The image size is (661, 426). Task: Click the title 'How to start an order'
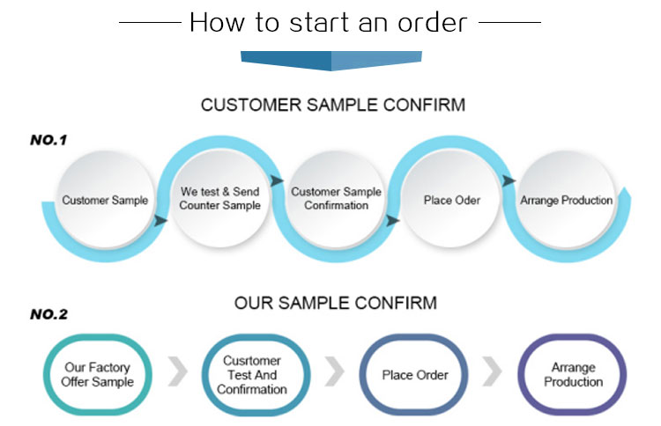329,21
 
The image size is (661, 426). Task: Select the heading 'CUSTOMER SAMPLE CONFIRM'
332,106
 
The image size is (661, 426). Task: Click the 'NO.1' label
48,139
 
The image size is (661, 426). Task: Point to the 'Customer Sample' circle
104,201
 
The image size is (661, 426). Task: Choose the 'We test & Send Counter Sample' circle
219,199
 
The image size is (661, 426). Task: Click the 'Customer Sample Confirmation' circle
336,199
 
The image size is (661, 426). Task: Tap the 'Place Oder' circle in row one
451,201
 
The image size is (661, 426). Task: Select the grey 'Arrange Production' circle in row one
566,201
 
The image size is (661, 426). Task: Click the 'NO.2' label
48,313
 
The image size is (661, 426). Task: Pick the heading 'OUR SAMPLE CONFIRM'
335,304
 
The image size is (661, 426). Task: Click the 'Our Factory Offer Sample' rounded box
99,375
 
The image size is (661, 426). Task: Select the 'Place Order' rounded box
415,375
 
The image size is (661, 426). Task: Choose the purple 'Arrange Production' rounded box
572,375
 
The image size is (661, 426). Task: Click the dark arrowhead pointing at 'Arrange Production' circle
509,180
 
